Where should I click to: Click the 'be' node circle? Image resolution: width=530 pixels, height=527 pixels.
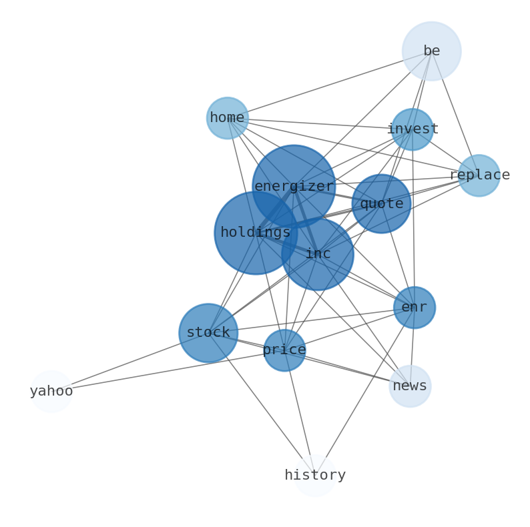(432, 51)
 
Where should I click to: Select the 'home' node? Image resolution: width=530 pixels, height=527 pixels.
(228, 118)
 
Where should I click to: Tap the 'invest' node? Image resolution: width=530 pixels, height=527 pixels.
(413, 129)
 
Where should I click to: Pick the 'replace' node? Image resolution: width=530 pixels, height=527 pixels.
(479, 175)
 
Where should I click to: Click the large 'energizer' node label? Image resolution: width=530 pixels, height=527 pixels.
(294, 186)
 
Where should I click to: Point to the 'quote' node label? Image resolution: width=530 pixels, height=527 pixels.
(382, 203)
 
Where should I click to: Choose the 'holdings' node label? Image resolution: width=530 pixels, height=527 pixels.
(256, 232)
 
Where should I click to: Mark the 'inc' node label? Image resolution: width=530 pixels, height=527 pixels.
(318, 253)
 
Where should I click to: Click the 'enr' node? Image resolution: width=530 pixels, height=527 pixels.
(415, 308)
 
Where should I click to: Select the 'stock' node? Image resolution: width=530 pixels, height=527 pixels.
(208, 333)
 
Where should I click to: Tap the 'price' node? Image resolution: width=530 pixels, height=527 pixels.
(284, 350)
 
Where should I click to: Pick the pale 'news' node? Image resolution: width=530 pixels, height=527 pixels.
(410, 386)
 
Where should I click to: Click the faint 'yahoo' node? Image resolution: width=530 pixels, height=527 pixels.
(51, 392)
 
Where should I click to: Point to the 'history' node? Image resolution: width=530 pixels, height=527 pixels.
(315, 476)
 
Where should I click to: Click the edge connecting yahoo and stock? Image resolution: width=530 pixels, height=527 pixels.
(129, 362)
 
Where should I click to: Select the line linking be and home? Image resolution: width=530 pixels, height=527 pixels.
(330, 85)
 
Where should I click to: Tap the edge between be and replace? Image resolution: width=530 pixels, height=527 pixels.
(455, 113)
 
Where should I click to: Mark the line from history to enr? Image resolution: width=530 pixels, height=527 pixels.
(364, 392)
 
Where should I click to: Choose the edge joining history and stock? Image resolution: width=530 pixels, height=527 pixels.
(262, 404)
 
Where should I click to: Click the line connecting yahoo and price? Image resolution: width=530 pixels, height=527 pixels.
(168, 371)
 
